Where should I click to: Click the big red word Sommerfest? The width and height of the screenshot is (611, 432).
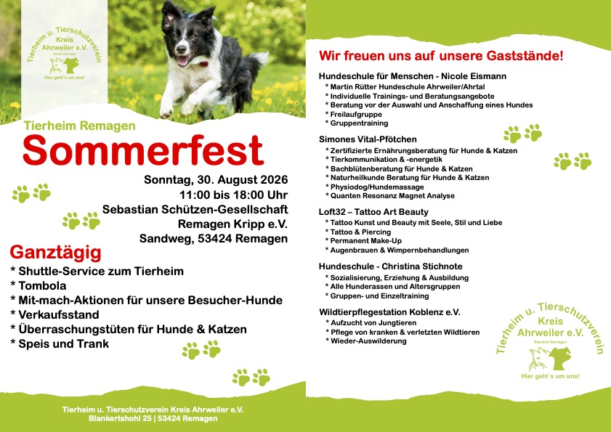(143, 150)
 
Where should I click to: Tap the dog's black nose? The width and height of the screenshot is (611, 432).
(181, 49)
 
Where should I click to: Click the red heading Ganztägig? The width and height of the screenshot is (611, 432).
(55, 253)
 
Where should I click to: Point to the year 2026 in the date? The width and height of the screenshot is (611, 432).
(274, 179)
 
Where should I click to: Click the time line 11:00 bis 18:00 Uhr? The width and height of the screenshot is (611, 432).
(233, 195)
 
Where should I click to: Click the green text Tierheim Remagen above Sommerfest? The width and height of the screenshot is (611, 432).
(79, 126)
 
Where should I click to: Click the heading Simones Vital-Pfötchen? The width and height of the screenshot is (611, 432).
(368, 139)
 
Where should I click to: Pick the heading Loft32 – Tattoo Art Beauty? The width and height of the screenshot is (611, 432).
(373, 212)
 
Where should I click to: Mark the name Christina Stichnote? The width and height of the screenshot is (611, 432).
(422, 266)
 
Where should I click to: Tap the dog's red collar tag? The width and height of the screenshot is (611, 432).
(204, 64)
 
